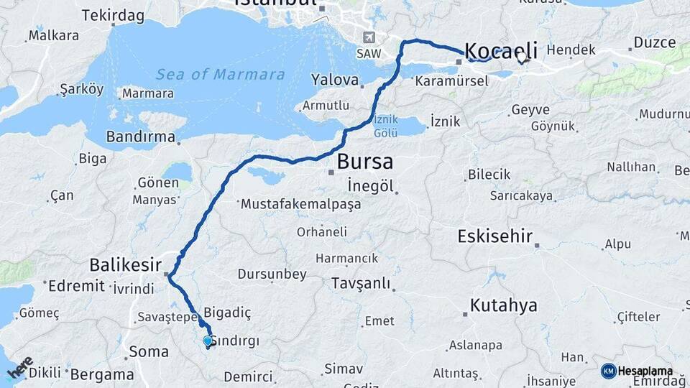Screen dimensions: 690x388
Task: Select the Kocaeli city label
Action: tap(501, 50)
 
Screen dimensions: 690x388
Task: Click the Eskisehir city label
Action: tap(495, 236)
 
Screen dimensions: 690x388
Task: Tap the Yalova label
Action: tap(334, 79)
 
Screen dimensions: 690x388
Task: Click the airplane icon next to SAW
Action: tap(369, 37)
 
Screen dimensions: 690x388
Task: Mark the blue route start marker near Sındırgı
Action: tap(208, 341)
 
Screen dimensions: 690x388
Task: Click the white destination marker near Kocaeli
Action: tap(523, 58)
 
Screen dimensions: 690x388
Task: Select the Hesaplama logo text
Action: tap(645, 371)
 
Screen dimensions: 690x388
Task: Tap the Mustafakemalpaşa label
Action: tap(300, 204)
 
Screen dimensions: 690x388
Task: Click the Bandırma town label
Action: tap(140, 137)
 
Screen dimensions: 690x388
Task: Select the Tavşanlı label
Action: tap(361, 283)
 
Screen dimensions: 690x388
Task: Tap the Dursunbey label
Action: tap(272, 274)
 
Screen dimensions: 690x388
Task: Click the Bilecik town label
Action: tap(489, 175)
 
